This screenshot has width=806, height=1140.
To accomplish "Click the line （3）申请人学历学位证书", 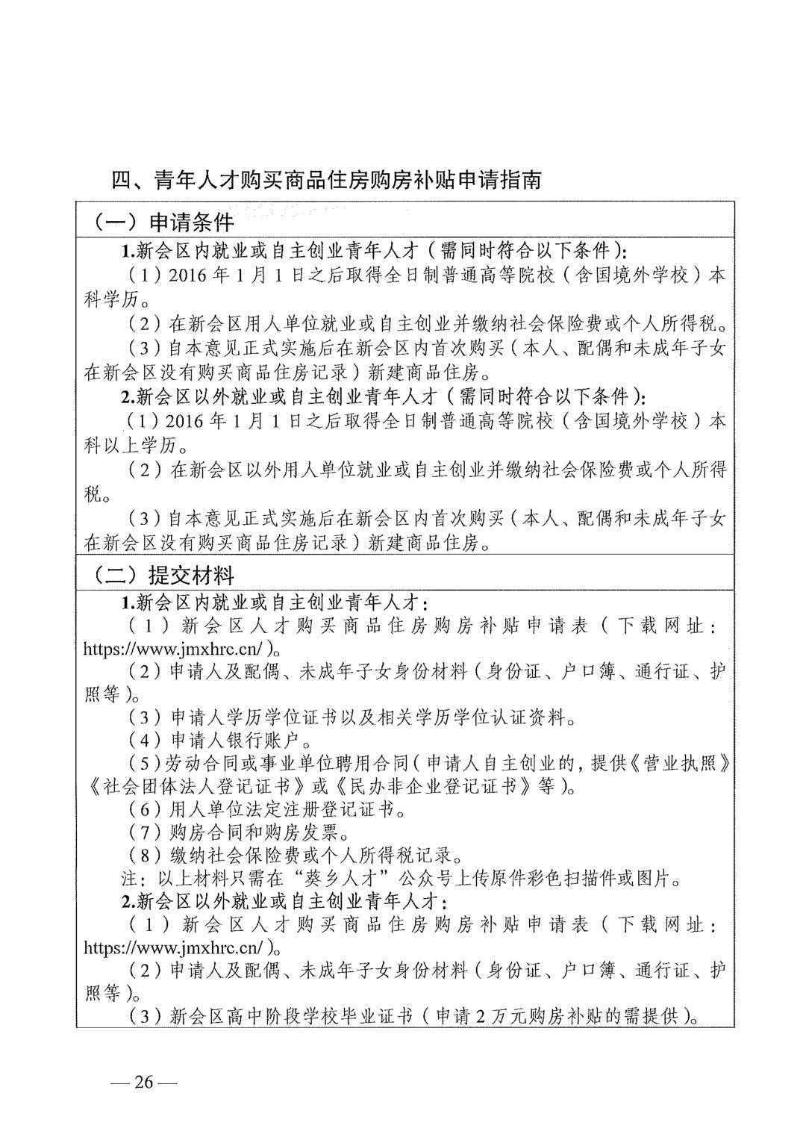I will point(351,717).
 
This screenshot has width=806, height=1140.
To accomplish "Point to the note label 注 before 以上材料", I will point(128,878).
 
